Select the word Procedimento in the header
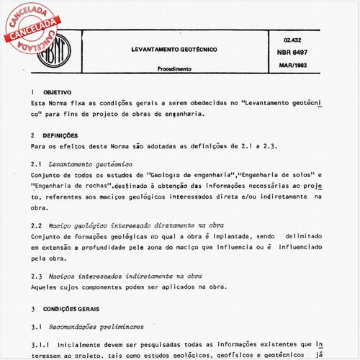click(x=173, y=70)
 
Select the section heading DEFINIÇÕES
click(x=58, y=135)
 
